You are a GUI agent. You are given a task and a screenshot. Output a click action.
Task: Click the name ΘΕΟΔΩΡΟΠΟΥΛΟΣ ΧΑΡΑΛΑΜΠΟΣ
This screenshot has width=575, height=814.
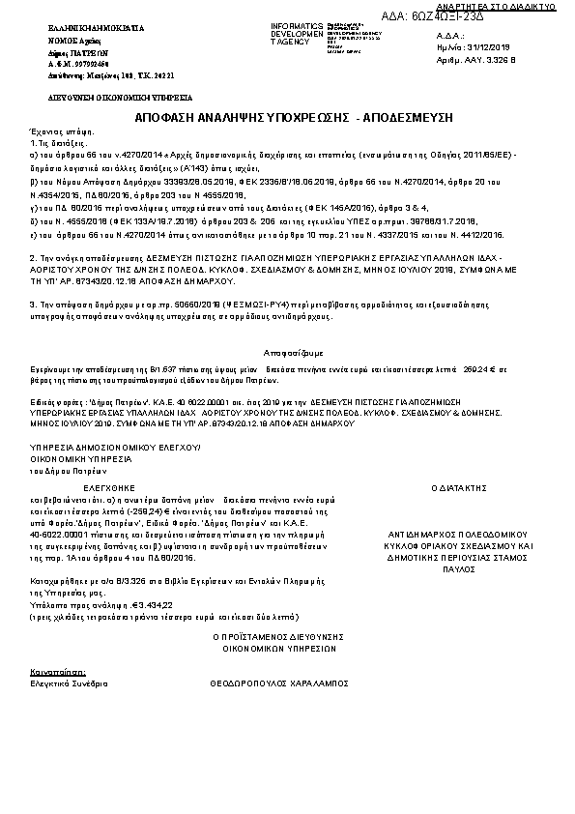278,682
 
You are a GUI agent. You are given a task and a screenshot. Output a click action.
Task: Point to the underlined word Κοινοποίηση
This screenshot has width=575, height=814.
58,670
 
